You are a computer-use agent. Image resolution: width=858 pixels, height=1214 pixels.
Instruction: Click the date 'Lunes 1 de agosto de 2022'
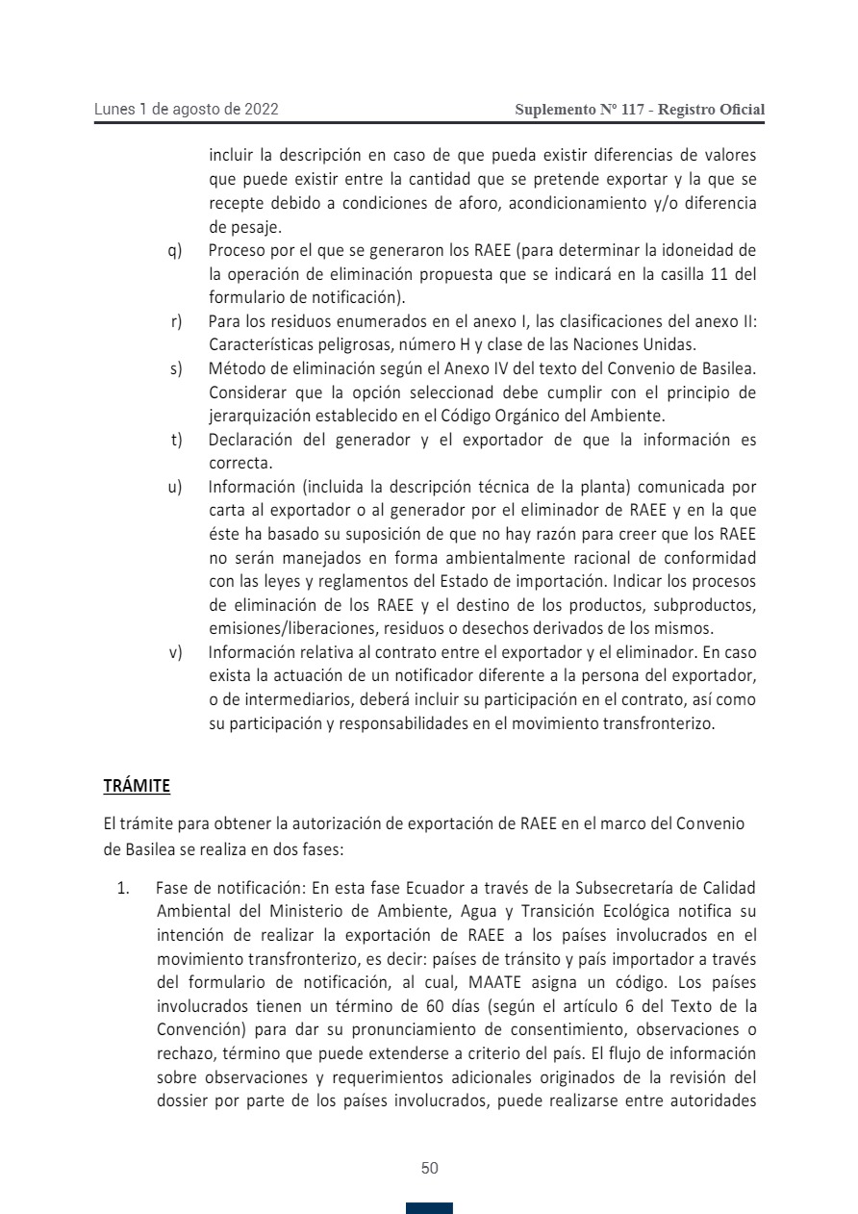186,110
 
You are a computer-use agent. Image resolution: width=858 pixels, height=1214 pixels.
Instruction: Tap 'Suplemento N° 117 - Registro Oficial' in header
640,110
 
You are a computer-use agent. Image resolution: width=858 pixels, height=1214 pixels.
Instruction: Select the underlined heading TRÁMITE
137,786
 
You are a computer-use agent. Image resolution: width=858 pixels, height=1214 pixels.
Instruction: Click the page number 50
430,1168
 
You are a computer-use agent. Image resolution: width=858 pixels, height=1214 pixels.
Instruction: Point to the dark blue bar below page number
429,1208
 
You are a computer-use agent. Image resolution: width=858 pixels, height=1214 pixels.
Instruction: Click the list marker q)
175,251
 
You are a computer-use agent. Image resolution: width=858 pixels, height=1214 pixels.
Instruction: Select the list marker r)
176,321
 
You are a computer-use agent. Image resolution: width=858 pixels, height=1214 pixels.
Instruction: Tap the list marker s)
176,368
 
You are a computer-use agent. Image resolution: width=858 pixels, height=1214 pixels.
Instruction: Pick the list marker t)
176,440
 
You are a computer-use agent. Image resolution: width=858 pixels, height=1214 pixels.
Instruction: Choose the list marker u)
175,487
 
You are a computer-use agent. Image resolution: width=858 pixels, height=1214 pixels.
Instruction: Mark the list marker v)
175,652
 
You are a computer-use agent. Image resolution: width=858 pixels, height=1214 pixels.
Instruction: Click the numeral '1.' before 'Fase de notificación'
123,887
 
